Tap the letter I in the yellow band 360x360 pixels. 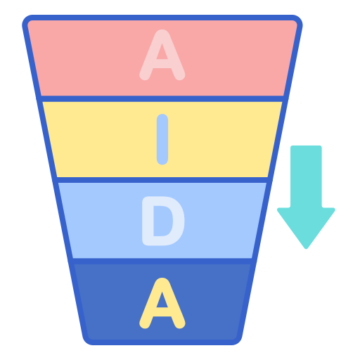pos(162,139)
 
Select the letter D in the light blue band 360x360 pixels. pos(163,221)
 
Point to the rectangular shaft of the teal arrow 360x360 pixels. pos(306,176)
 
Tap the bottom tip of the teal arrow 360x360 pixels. pos(306,248)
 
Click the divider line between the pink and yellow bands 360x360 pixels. pos(162,98)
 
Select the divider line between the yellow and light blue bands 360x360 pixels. pos(162,180)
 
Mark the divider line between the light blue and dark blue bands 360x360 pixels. pos(162,261)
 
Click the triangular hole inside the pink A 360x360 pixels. pos(162,53)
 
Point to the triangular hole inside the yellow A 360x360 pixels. pos(162,301)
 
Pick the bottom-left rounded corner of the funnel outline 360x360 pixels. pos(89,340)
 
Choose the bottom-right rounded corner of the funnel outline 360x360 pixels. pos(236,340)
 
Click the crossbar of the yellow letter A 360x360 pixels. pos(162,312)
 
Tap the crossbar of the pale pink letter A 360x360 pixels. pos(162,64)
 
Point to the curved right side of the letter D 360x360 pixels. pos(179,221)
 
